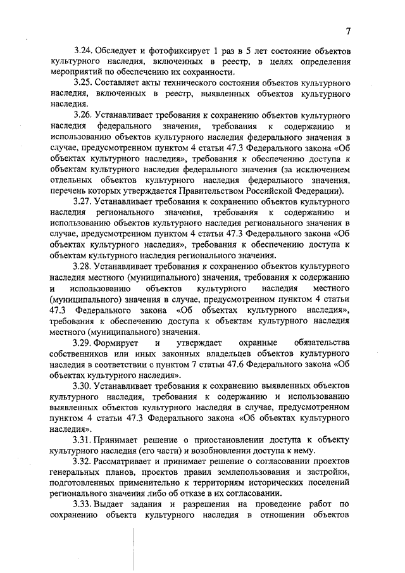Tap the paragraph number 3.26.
(83, 118)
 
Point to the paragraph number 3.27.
(83, 203)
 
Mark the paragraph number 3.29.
(83, 342)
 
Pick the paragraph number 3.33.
(83, 505)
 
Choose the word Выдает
(109, 505)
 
